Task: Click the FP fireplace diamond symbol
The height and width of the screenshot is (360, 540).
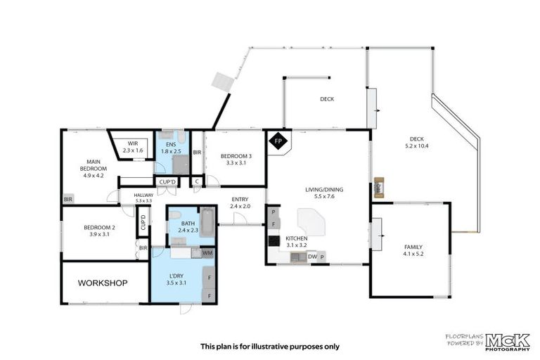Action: [x=278, y=141]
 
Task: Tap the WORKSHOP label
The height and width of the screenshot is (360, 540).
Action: [x=102, y=283]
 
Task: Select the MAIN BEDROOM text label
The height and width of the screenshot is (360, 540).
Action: [x=93, y=168]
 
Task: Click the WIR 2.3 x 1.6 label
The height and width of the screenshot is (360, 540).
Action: [x=132, y=147]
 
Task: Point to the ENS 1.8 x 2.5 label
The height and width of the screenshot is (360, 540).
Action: [x=171, y=147]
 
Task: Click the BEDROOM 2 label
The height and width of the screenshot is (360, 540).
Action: [x=98, y=231]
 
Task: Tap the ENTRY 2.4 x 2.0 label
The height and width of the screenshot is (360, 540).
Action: [x=240, y=202]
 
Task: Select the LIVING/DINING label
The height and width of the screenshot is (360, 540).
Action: [x=323, y=193]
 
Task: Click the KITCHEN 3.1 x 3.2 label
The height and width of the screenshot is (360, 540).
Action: [x=296, y=242]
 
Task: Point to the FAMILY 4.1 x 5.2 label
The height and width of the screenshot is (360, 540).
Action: [x=413, y=251]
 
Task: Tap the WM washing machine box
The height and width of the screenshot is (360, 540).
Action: [x=207, y=252]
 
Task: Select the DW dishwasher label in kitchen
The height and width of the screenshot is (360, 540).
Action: [x=312, y=257]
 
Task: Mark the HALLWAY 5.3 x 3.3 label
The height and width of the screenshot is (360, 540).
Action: [x=143, y=198]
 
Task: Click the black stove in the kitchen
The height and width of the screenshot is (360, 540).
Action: [x=273, y=240]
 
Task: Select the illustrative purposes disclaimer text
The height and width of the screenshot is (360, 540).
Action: [x=270, y=346]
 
